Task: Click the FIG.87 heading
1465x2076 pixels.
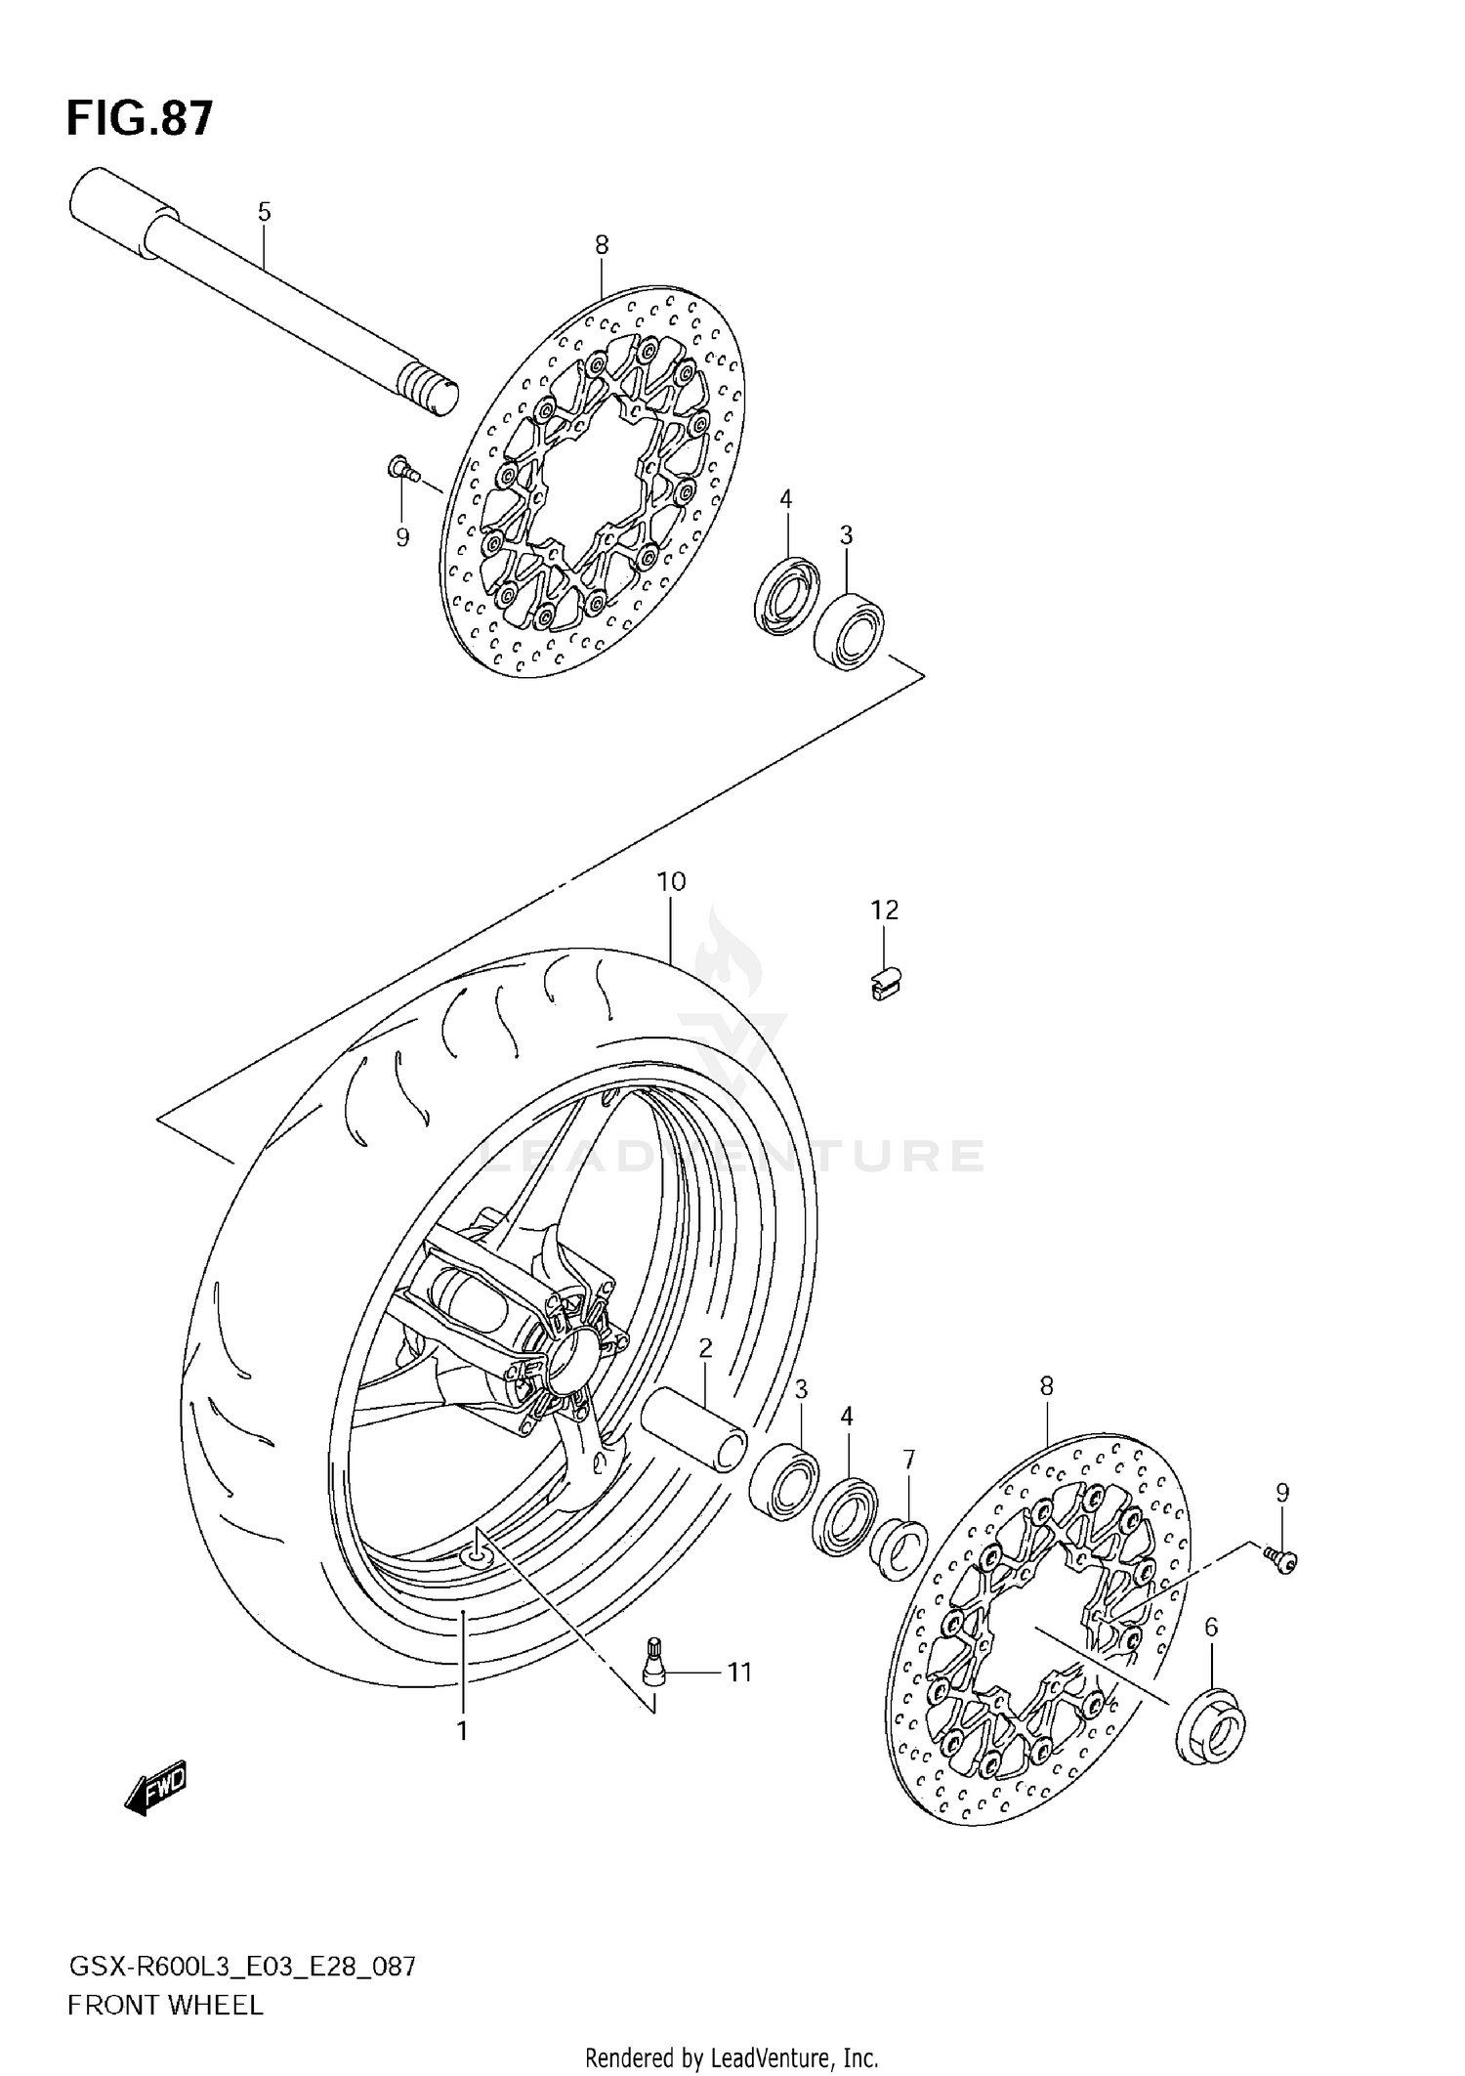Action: point(140,119)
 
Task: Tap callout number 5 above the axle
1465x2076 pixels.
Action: point(264,212)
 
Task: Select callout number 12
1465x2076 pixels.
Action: point(884,910)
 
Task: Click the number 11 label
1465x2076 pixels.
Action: point(739,1673)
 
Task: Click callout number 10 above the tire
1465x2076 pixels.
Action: point(671,882)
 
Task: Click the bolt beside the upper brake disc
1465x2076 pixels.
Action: point(401,471)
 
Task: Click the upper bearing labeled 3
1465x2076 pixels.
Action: point(849,630)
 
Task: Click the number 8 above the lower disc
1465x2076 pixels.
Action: point(1046,1385)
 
